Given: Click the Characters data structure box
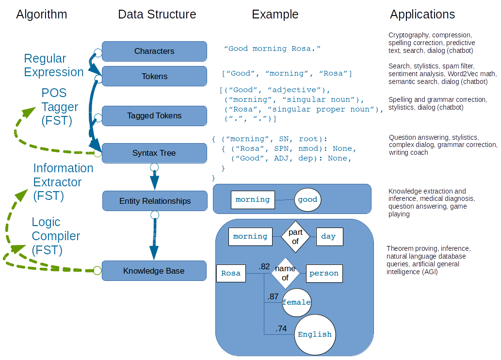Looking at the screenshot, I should click(154, 51).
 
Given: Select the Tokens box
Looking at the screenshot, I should click(154, 76).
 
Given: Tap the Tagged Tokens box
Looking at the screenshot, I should click(154, 115).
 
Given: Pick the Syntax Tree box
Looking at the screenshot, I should click(154, 153).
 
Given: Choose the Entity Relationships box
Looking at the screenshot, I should click(155, 201).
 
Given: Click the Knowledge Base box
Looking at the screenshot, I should click(154, 271).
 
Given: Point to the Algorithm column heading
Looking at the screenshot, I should click(42, 15).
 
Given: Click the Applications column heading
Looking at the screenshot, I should click(422, 15).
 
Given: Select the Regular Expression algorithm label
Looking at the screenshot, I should click(54, 65).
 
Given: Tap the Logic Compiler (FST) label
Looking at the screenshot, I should click(56, 236).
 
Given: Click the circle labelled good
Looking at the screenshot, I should click(307, 199).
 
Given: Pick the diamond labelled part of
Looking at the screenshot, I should click(295, 236).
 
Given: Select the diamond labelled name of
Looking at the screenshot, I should click(285, 273).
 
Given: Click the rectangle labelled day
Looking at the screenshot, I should click(329, 236).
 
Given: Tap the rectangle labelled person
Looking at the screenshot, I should click(324, 273).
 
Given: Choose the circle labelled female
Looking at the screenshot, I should click(296, 302).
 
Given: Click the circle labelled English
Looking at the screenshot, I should click(315, 334).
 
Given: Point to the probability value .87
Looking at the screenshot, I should click(273, 296).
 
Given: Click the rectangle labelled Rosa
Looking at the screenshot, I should click(231, 273).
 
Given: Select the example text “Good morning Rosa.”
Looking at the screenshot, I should click(273, 49).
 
